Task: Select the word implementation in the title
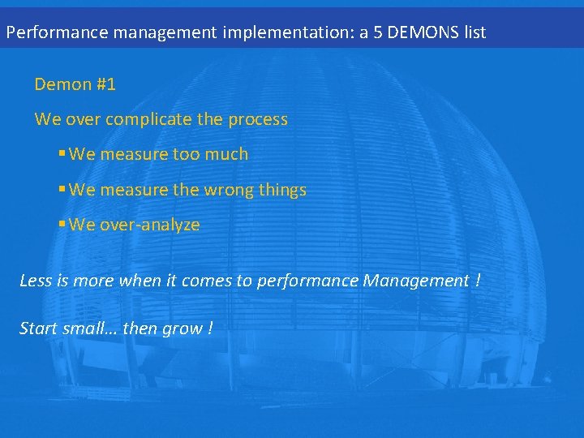point(277,32)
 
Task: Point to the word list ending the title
point(472,32)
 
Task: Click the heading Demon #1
point(75,84)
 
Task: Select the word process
point(257,119)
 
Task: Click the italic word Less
point(35,281)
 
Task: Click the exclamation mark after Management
point(478,281)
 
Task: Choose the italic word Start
point(38,328)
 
